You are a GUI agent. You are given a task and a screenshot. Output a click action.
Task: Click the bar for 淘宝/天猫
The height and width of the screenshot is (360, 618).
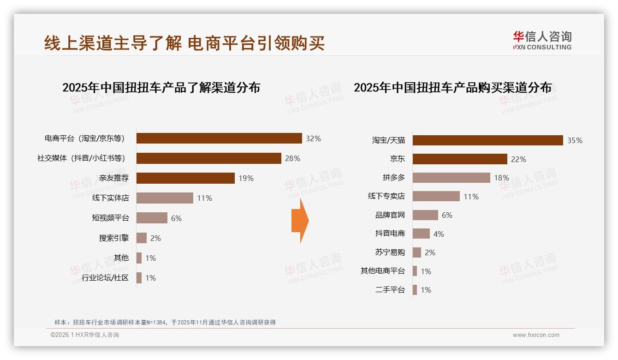[487, 140]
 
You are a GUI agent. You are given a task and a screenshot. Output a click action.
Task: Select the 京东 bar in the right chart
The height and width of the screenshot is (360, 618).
[459, 159]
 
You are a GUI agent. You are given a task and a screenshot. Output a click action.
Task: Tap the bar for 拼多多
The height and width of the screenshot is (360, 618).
[451, 178]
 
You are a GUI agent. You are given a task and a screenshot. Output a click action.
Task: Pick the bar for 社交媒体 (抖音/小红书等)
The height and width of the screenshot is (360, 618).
[208, 158]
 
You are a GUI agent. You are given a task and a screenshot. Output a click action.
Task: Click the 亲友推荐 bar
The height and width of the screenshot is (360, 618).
[185, 178]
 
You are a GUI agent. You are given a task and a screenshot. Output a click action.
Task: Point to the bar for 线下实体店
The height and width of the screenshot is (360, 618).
[165, 198]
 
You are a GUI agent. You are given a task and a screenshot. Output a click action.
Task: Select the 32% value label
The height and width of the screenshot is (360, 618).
[313, 138]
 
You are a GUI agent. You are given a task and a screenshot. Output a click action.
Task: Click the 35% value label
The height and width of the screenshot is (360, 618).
[575, 140]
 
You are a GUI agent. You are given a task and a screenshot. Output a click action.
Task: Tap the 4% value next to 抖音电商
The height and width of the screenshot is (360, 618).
[439, 234]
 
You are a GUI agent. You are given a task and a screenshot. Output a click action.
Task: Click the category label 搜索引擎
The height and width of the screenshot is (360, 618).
[114, 238]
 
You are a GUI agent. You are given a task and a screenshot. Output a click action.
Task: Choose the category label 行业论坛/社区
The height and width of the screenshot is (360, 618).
[105, 278]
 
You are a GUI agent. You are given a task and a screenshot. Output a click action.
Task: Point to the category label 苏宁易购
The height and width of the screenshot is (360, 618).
[390, 252]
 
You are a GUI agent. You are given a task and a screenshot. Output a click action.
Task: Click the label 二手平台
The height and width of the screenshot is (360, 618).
[390, 290]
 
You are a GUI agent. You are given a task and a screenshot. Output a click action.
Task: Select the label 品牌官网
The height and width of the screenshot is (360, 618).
[390, 215]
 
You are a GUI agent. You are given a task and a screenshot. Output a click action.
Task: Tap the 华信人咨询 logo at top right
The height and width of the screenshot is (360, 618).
[542, 41]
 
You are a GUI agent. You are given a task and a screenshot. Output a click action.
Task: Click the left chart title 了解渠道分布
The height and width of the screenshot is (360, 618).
[161, 87]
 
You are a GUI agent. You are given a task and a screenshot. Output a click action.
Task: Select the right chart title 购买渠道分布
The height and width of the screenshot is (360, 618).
[452, 87]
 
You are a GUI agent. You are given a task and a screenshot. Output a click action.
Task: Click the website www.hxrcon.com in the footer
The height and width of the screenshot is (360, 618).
[536, 335]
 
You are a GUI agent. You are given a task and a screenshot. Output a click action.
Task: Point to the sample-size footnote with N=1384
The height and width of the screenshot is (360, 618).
[165, 322]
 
